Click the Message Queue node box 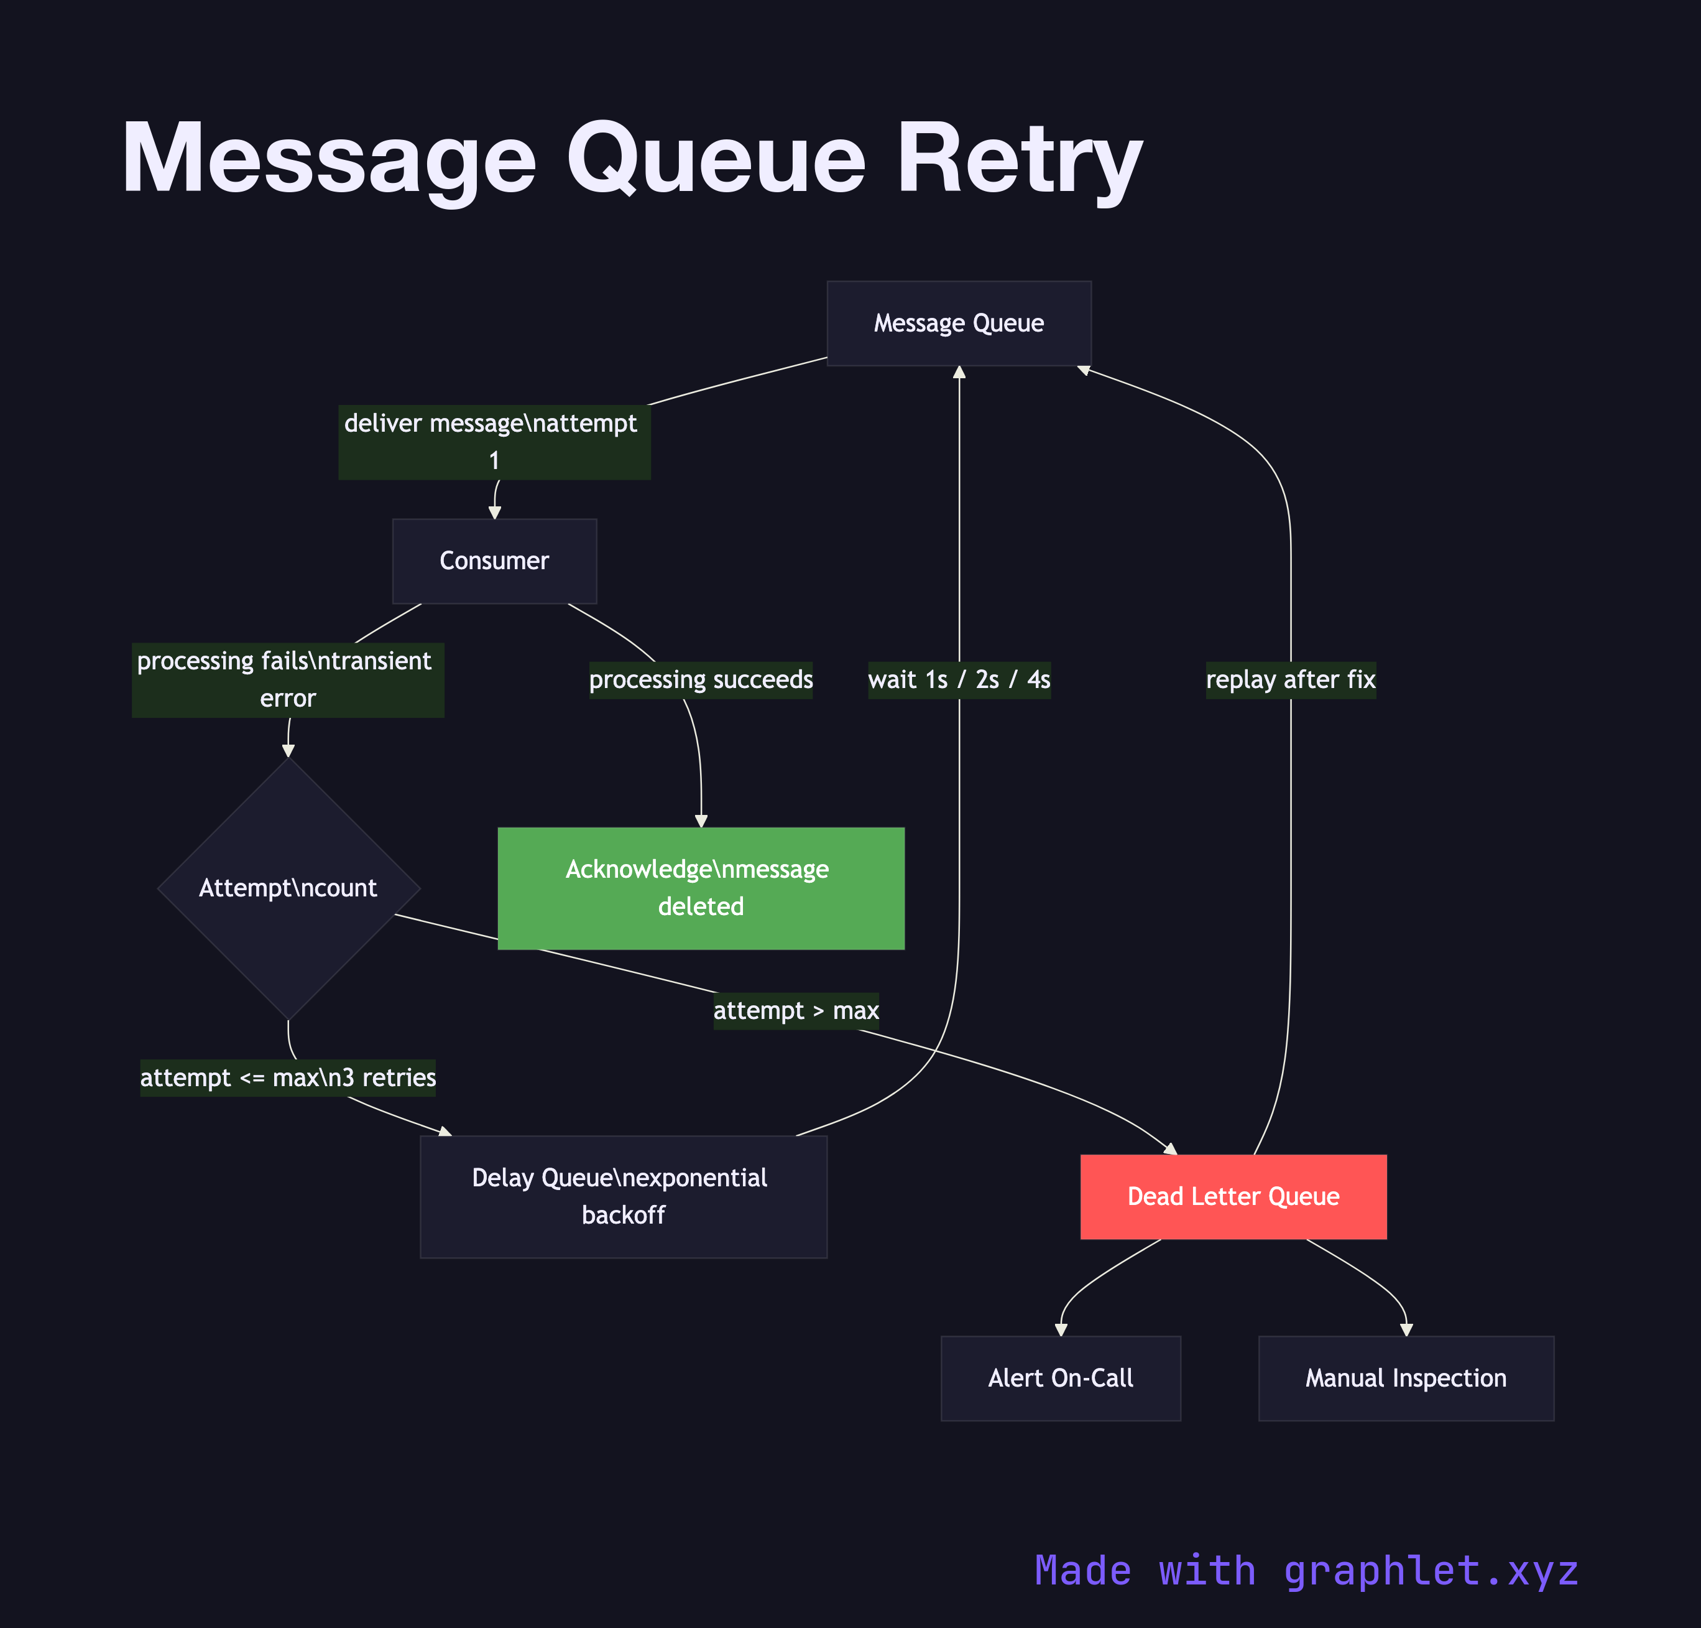[959, 323]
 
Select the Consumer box [494, 560]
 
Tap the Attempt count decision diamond [288, 888]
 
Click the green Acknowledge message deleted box [701, 888]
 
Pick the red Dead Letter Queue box [1233, 1197]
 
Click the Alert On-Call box [1060, 1378]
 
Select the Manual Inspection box [1405, 1378]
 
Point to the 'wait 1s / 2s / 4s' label [959, 679]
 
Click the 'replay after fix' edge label [1290, 679]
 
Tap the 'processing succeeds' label [701, 679]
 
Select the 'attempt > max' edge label [795, 1011]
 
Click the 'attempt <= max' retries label [288, 1078]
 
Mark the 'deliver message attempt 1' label [494, 442]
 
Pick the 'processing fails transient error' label [287, 679]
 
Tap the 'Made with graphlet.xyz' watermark [1306, 1571]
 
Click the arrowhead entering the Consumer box [494, 513]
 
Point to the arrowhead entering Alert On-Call [1060, 1329]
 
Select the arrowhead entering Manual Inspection [1406, 1329]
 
